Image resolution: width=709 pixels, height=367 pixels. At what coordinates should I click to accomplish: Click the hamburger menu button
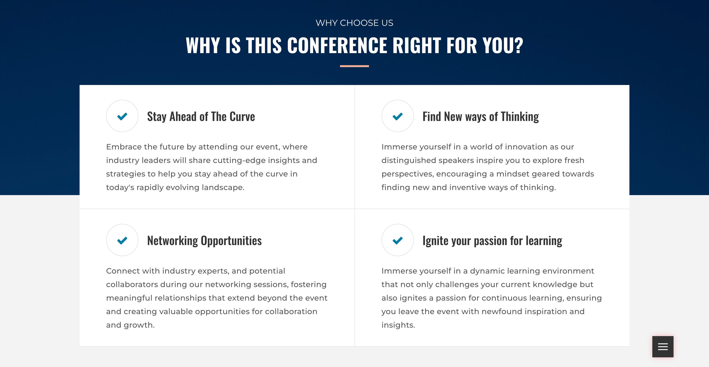663,347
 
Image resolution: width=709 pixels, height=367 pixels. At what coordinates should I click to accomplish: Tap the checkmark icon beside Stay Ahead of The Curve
122,116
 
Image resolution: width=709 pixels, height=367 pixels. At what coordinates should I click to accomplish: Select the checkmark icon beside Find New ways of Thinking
397,116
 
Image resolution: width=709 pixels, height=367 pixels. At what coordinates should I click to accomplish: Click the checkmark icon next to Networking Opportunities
122,240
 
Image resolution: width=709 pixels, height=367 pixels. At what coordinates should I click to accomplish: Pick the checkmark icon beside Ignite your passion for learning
397,240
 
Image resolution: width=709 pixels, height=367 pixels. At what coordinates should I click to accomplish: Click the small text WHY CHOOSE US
354,23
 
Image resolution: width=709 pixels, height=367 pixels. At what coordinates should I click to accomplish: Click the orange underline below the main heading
354,66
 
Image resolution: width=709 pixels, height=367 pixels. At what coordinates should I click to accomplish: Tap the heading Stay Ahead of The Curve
201,117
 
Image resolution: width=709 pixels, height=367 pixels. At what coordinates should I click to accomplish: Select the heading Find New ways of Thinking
481,117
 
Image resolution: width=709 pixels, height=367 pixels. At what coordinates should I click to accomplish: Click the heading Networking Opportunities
204,240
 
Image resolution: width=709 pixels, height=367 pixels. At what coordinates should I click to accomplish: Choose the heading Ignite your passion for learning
492,240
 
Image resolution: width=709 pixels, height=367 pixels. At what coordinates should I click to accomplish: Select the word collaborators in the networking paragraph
132,284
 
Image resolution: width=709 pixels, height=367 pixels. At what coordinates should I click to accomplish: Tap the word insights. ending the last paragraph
398,325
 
